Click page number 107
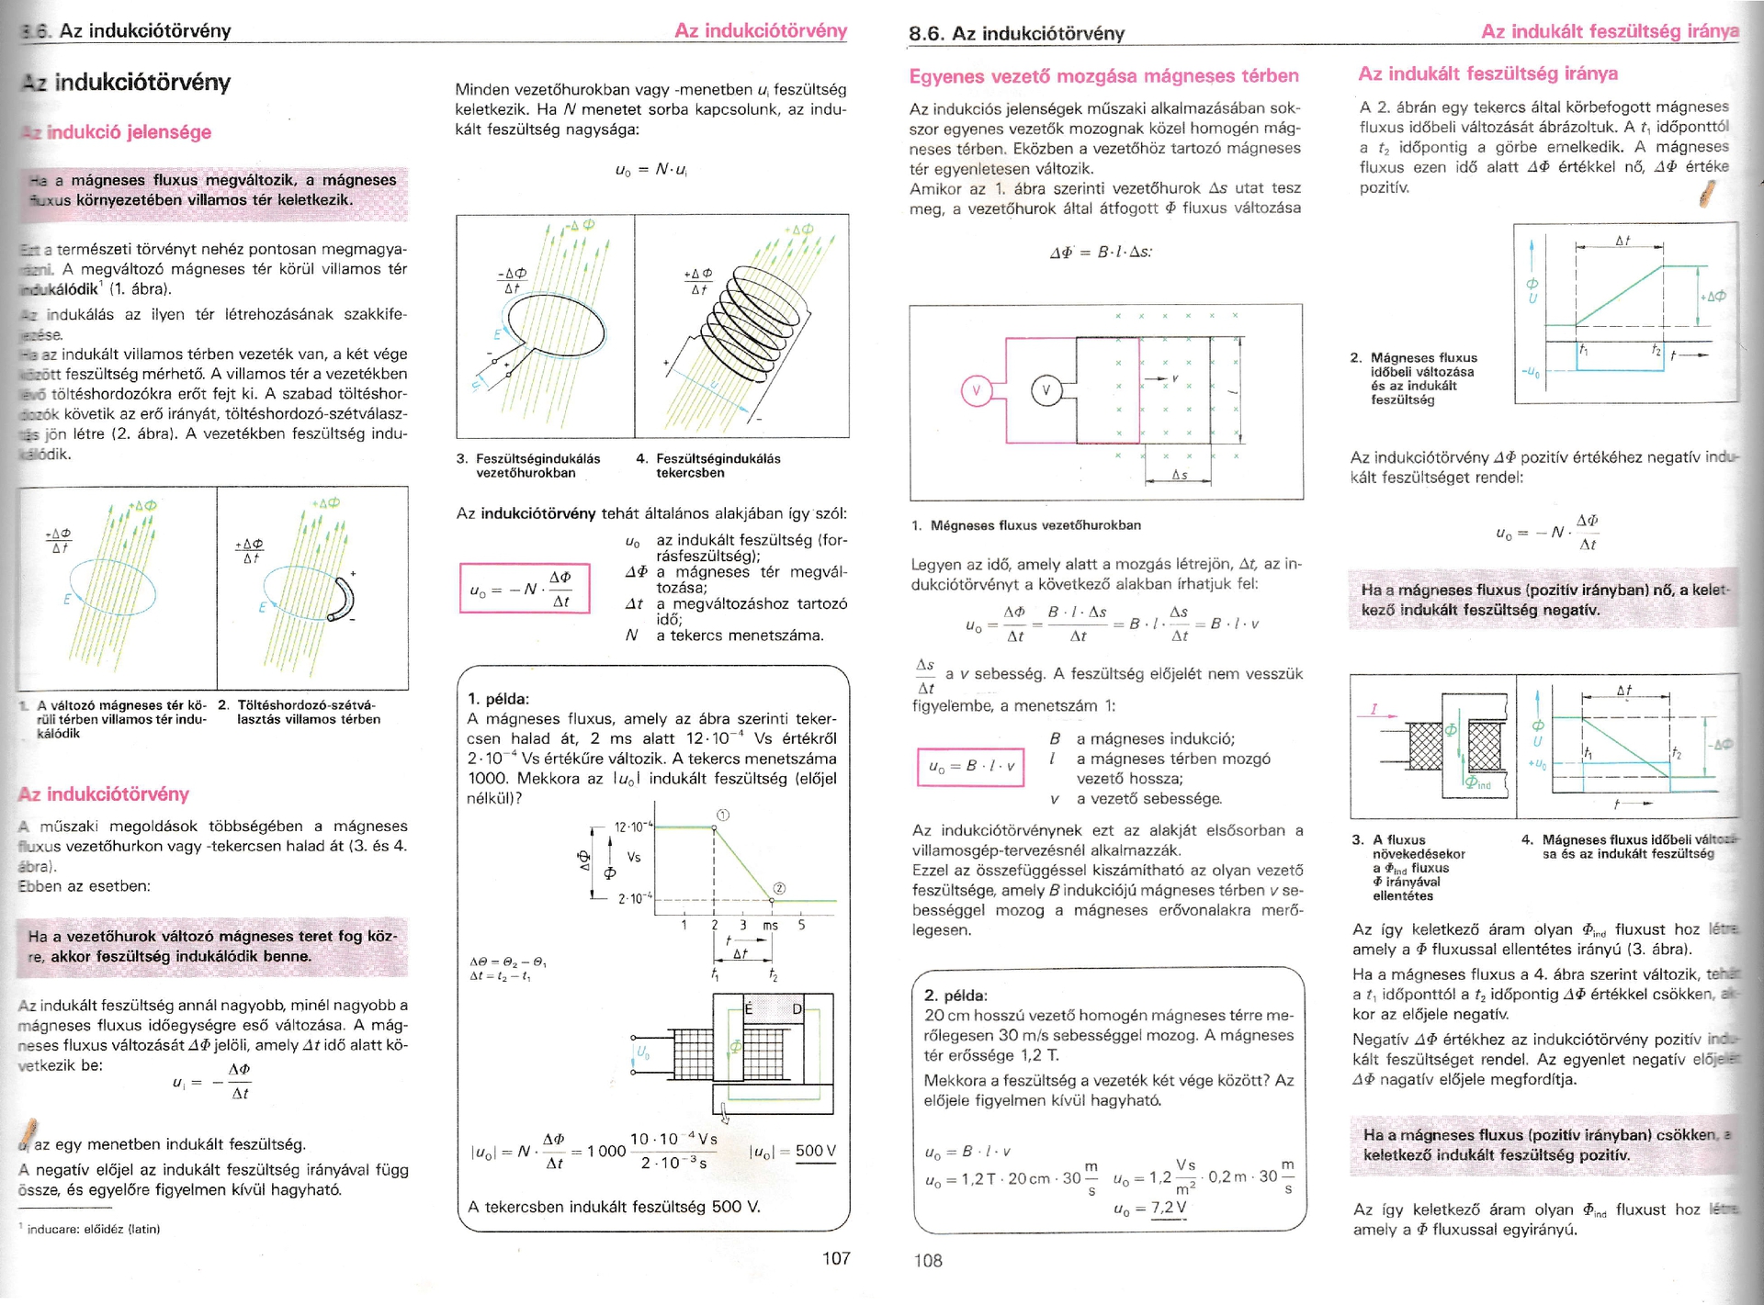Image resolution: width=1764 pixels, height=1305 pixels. tap(835, 1258)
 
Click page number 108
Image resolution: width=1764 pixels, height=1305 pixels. tap(928, 1260)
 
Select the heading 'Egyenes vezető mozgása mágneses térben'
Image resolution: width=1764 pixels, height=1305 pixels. tap(1103, 76)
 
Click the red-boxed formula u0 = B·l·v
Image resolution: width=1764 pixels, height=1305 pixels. tap(970, 767)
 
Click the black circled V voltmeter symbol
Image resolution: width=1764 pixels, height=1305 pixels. tap(1046, 391)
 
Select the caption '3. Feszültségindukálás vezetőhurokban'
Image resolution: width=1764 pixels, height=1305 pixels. tap(527, 466)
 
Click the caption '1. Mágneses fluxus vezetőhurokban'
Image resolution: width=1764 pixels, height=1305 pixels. tap(1026, 525)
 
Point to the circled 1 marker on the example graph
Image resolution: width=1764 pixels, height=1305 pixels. tap(723, 815)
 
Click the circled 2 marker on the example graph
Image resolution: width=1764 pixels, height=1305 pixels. tap(779, 888)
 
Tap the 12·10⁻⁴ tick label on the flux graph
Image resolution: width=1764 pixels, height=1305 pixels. tap(632, 827)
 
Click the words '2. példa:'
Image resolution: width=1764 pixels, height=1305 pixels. tap(955, 996)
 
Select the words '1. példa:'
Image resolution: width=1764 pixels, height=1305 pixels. tap(498, 699)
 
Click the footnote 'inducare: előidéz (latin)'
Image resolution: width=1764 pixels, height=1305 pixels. tap(92, 1229)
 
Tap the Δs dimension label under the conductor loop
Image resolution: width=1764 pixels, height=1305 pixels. tap(1179, 475)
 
